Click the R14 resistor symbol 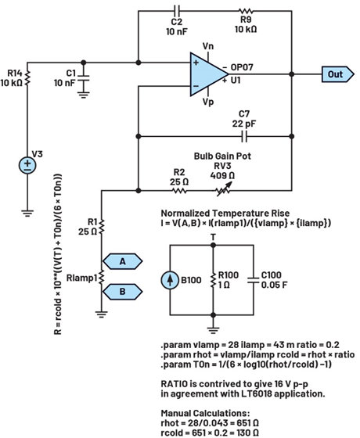(x=28, y=76)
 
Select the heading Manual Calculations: (x=196, y=405)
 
